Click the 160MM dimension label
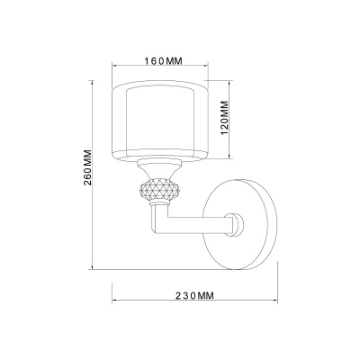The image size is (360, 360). coord(164,61)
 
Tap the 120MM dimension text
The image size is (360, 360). coord(225,118)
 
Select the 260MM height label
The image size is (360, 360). coord(87,167)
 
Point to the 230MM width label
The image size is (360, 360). coord(194,296)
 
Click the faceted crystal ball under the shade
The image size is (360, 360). coord(159,189)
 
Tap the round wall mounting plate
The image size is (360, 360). coord(240,224)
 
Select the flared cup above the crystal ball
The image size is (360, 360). coord(159,170)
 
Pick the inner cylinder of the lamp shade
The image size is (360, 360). coord(160,122)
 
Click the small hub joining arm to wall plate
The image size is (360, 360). coord(238,224)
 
